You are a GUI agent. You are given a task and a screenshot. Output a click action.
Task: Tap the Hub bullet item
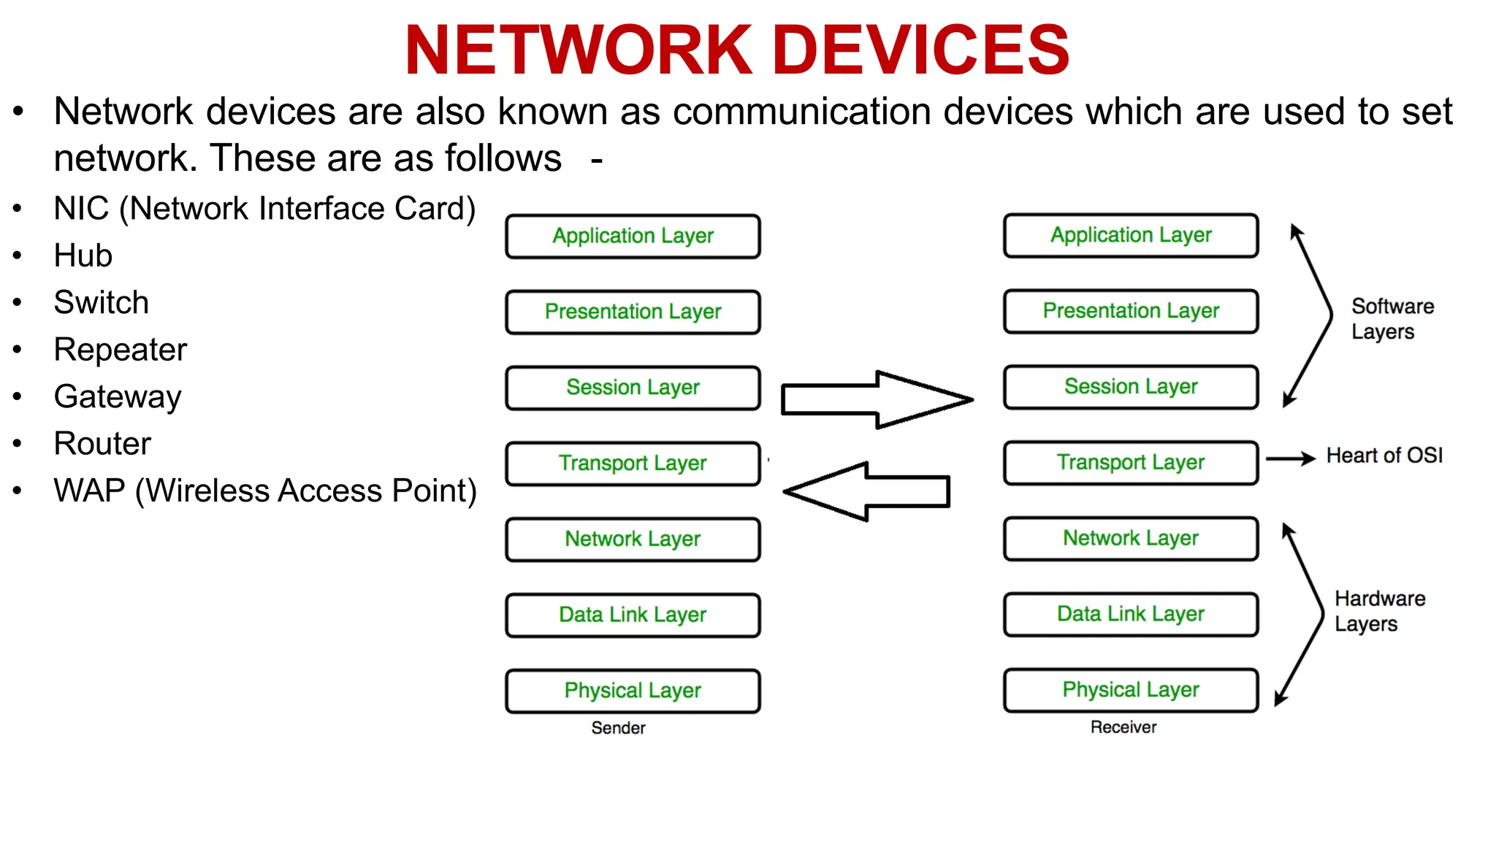(83, 256)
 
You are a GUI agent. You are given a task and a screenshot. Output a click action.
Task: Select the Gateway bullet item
(118, 397)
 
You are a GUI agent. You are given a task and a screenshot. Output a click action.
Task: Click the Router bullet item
(102, 444)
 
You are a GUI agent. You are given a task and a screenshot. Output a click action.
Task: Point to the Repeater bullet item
(121, 350)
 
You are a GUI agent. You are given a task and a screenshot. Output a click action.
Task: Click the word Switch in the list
(102, 302)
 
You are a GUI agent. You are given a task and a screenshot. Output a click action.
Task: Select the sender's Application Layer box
(633, 236)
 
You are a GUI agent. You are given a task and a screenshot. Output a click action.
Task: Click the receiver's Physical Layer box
(1130, 689)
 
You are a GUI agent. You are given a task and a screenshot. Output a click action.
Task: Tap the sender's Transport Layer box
(633, 463)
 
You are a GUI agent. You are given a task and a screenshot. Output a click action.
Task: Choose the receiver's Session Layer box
(1130, 386)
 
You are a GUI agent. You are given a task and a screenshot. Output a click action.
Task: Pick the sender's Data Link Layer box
(633, 615)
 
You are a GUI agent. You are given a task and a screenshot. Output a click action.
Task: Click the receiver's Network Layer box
(1130, 538)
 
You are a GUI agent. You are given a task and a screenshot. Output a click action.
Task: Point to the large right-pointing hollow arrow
(877, 399)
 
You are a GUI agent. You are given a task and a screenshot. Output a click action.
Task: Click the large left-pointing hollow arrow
(867, 491)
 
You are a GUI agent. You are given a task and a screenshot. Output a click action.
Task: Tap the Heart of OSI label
(1384, 456)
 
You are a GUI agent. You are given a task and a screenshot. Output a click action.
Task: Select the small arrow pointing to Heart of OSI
(1290, 458)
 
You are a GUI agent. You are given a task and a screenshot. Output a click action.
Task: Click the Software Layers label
(1392, 318)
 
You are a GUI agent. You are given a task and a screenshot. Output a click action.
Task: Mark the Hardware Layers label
(1379, 611)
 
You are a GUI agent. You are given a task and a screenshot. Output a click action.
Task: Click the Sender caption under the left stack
(618, 728)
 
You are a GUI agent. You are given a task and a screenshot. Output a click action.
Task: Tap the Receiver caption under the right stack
(1123, 727)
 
